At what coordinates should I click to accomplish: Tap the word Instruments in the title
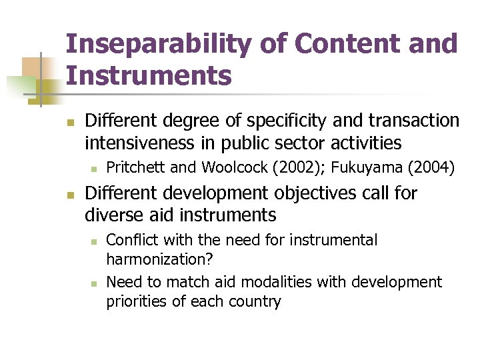click(149, 76)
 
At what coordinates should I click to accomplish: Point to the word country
click(255, 301)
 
